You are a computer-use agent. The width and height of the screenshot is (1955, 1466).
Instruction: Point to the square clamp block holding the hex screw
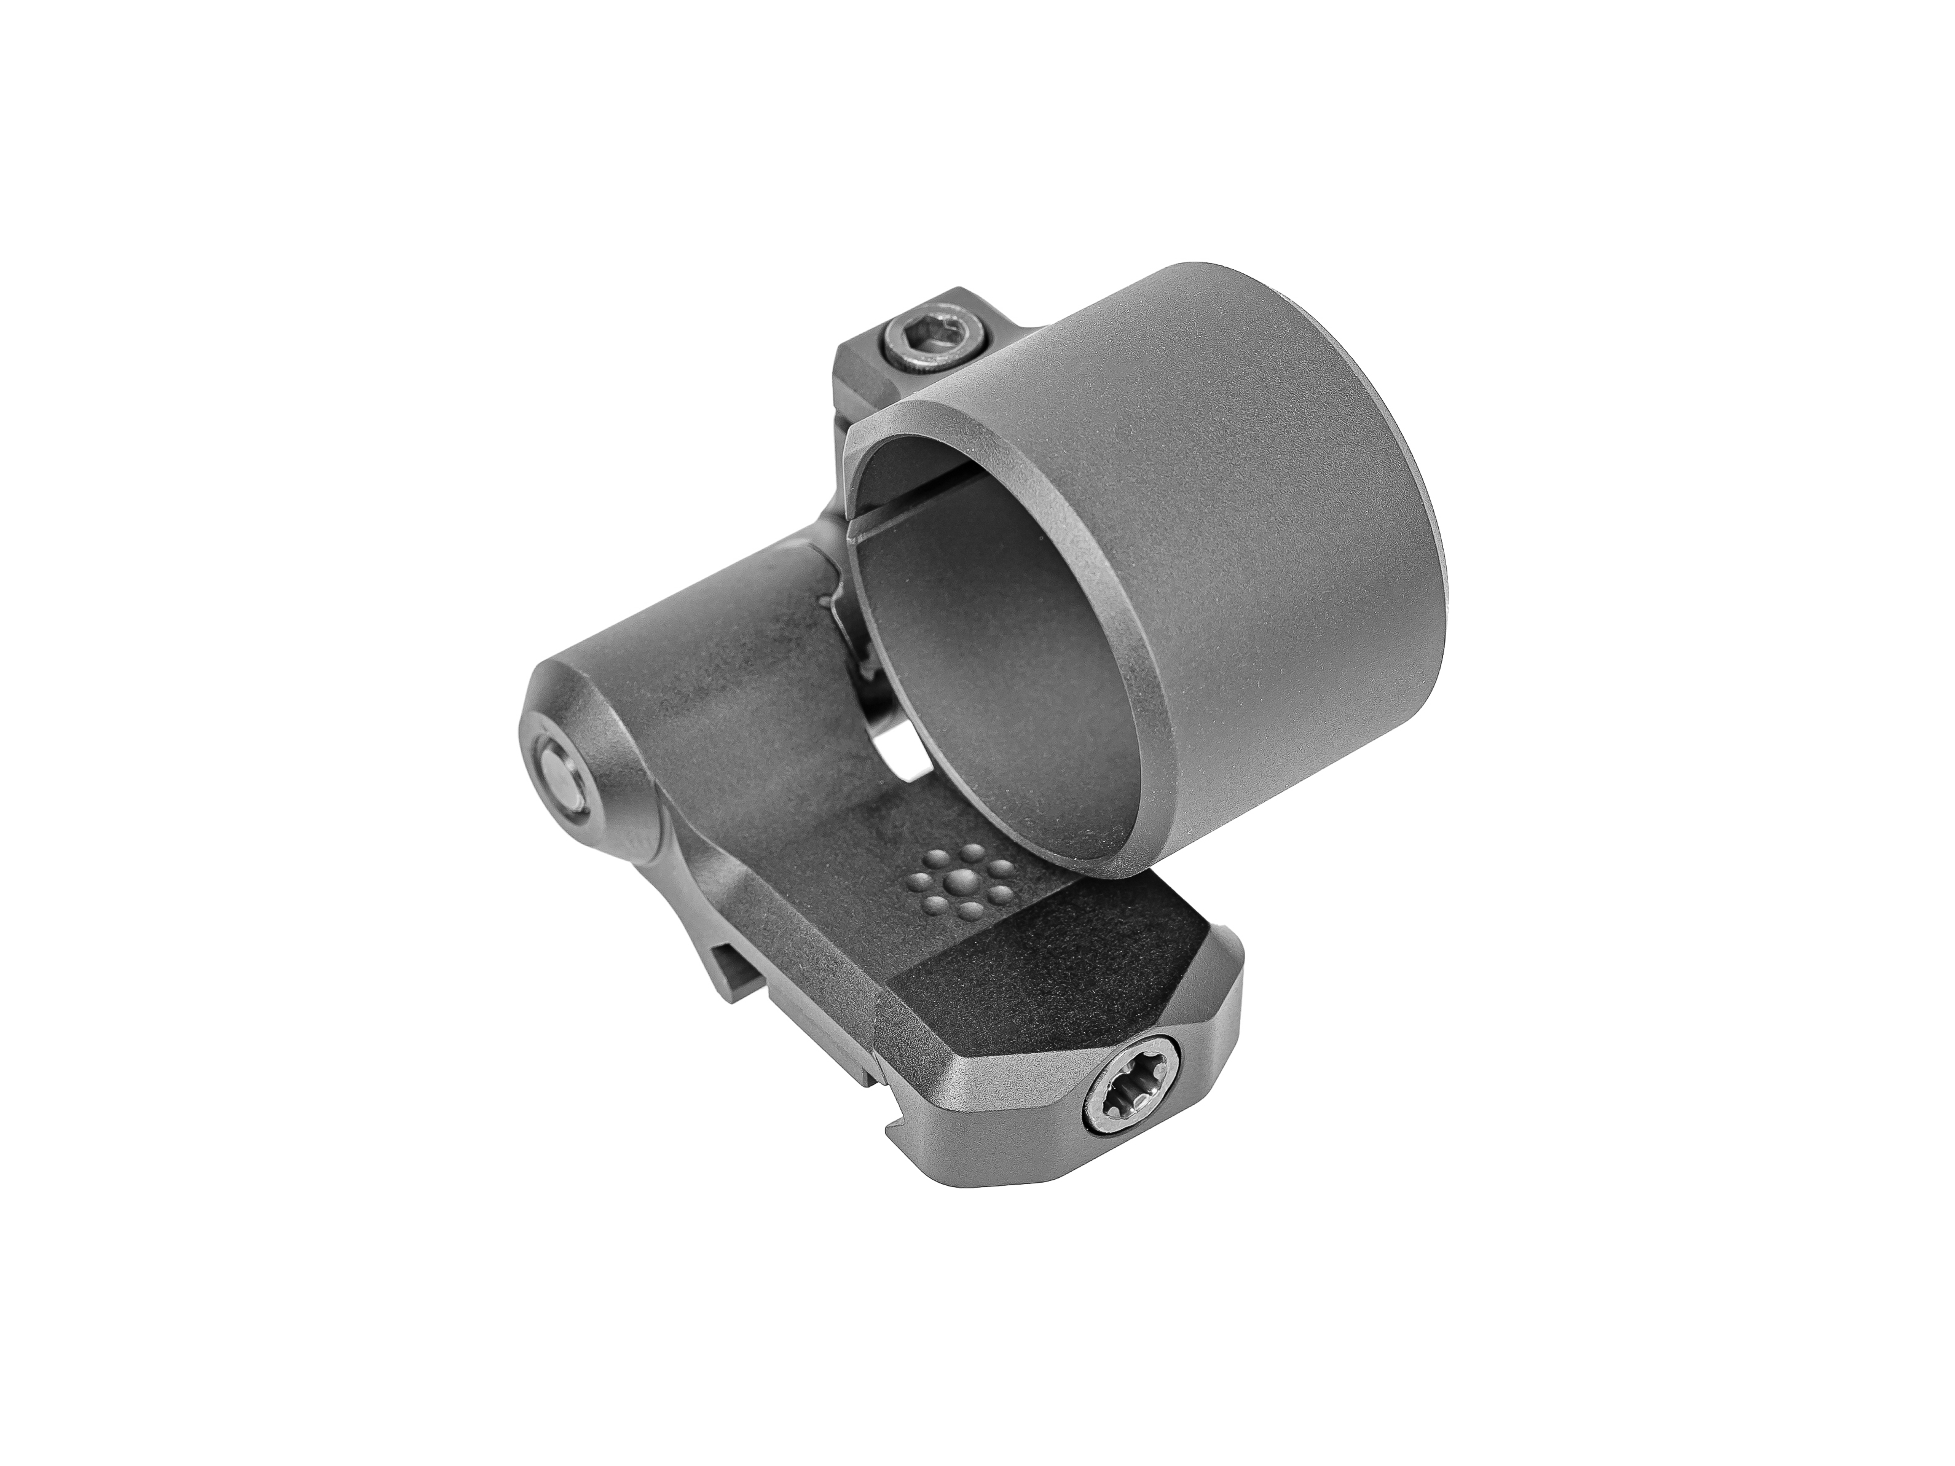[870, 371]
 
